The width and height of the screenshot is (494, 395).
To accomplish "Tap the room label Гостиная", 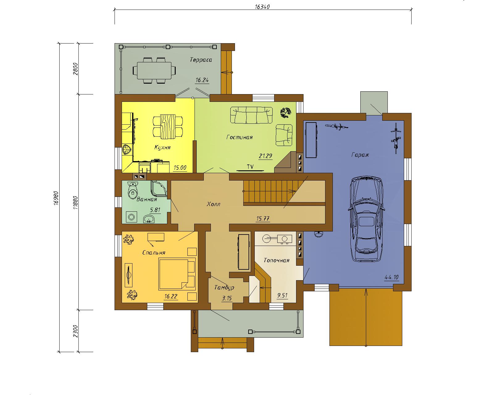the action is click(x=239, y=137).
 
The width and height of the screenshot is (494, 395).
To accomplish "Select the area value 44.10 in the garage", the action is click(x=391, y=277).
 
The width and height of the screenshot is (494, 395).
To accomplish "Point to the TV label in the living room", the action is click(x=250, y=167).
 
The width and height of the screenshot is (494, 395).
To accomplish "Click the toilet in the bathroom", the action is click(x=132, y=190).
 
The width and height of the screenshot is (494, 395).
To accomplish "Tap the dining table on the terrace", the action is click(x=154, y=70).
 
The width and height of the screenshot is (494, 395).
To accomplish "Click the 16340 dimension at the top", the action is click(x=262, y=7).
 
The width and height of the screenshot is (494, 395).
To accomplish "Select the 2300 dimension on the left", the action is click(x=76, y=331).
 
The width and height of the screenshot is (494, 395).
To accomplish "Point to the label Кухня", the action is click(x=162, y=147).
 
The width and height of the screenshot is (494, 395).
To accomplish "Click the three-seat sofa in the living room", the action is click(x=251, y=115).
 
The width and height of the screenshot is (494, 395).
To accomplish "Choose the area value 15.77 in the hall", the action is click(x=263, y=218).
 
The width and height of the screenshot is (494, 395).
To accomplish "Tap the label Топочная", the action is click(x=276, y=260).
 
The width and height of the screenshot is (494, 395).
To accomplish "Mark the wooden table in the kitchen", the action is click(x=168, y=127).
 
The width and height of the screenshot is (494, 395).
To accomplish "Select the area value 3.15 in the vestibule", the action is click(x=227, y=298).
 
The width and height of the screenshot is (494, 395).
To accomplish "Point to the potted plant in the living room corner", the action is click(x=286, y=113).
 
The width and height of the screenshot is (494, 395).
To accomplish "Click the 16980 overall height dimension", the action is click(x=57, y=198).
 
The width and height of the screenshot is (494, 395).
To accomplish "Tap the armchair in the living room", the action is click(x=284, y=135).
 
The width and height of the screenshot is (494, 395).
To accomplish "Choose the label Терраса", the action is click(x=201, y=60).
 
